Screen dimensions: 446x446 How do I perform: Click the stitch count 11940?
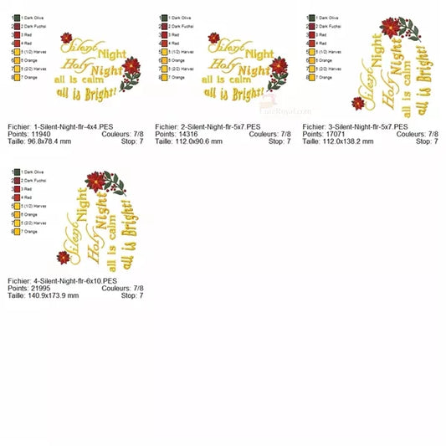[42, 134]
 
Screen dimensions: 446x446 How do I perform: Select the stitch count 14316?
[189, 134]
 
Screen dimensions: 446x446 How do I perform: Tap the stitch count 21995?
[42, 288]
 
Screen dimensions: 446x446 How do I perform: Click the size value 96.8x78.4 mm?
[49, 141]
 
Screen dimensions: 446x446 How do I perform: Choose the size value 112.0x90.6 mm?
[198, 141]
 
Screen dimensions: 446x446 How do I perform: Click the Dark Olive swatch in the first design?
[16, 18]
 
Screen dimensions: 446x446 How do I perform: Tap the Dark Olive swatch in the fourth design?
[16, 172]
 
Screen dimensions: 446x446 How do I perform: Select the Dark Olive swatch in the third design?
[311, 18]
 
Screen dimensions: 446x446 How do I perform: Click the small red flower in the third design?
[358, 103]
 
